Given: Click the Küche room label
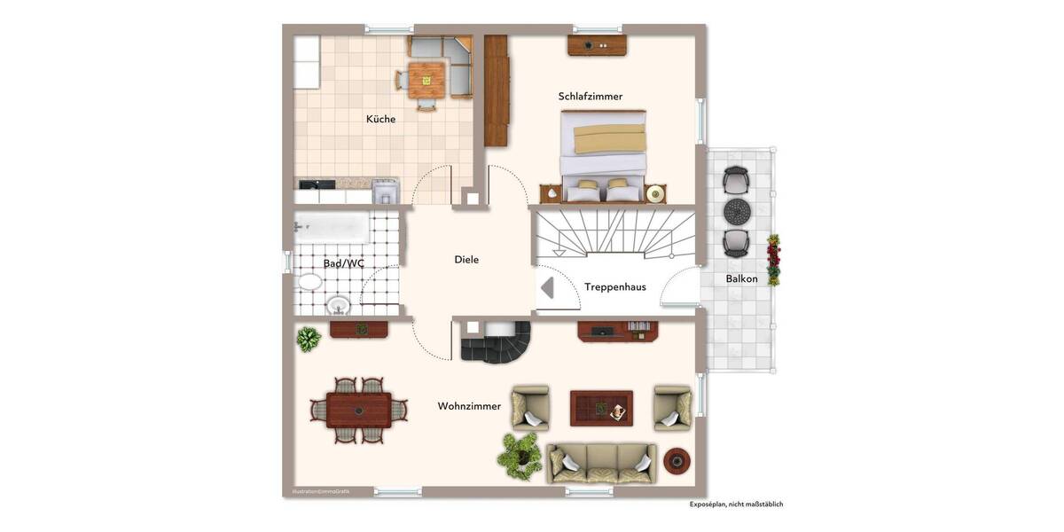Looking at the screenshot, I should (x=380, y=119).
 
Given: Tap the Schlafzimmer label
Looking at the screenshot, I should (x=590, y=96).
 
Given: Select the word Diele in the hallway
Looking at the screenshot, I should (x=466, y=260).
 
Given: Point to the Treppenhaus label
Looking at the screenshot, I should (x=614, y=286).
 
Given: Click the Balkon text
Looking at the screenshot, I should (x=741, y=278).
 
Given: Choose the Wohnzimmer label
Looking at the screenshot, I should (x=469, y=406).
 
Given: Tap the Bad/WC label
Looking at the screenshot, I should (x=343, y=263).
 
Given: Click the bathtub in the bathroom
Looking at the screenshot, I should (x=332, y=227).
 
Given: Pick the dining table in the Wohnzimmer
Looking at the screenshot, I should (x=358, y=411).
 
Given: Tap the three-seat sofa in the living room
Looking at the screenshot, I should (x=602, y=462).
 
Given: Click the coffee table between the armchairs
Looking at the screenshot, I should (x=601, y=407).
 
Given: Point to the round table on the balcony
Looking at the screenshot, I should (x=737, y=212).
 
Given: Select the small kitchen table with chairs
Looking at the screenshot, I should (x=426, y=78).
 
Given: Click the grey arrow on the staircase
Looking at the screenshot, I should (x=547, y=288).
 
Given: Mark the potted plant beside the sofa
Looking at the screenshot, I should (x=519, y=453).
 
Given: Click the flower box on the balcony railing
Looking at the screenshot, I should (x=773, y=260).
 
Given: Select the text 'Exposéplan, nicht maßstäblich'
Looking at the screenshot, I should (x=736, y=505).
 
